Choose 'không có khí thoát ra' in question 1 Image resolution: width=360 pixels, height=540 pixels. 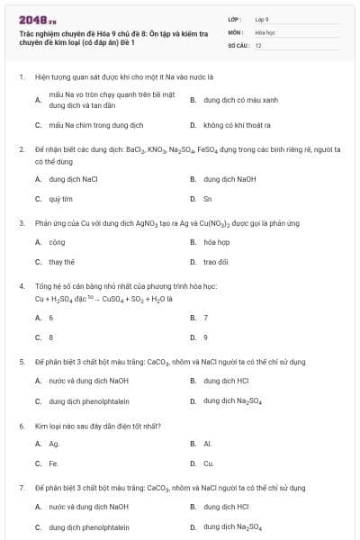[x=239, y=125]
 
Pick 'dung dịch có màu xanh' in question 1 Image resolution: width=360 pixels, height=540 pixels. [x=241, y=101]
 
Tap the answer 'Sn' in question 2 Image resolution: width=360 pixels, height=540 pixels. [x=208, y=198]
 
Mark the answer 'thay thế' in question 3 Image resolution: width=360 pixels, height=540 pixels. [x=62, y=262]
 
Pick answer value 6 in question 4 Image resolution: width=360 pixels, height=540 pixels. [x=51, y=318]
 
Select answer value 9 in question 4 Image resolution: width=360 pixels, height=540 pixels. [x=206, y=337]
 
